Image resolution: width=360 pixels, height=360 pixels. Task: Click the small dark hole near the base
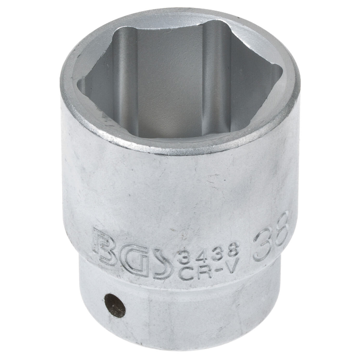(115, 306)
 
